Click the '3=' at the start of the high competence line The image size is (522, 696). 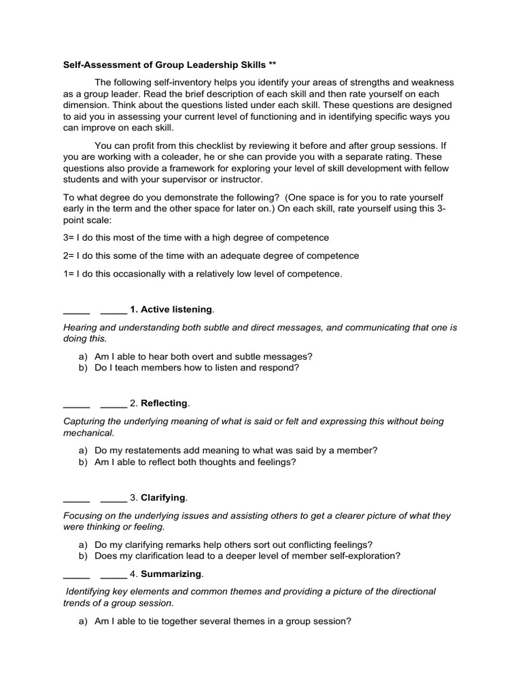pos(68,237)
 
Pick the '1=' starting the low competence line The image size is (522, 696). pos(68,274)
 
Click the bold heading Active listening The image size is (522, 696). pos(176,310)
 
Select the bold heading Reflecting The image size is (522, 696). pos(164,404)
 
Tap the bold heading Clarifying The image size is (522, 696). pos(163,498)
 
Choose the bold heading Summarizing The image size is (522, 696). pos(171,574)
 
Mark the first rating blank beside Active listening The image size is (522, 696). pos(76,311)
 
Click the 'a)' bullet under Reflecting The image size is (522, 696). pos(83,450)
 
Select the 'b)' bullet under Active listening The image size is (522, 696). pos(83,368)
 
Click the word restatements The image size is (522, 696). pos(150,450)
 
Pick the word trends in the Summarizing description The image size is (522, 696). pos(76,603)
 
